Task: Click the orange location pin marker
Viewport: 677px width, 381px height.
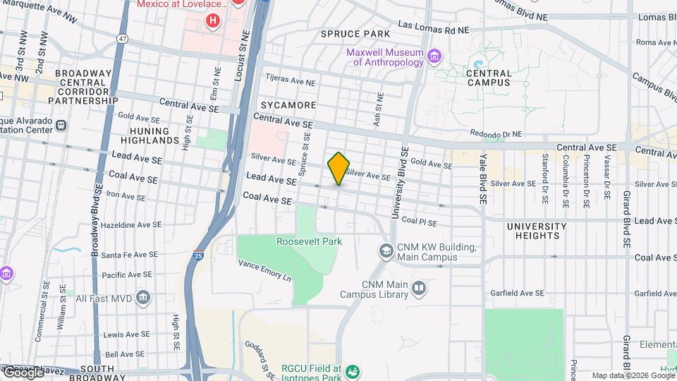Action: [338, 168]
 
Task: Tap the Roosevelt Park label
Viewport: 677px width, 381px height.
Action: [309, 241]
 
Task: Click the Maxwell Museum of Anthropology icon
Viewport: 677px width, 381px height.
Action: [434, 55]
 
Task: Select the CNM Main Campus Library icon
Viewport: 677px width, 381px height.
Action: [419, 288]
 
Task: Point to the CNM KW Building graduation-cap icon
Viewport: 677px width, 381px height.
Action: [386, 250]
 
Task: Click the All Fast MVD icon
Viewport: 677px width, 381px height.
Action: [144, 298]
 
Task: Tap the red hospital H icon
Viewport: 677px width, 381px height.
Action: [212, 21]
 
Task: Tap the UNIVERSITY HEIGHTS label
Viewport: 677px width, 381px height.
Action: [537, 231]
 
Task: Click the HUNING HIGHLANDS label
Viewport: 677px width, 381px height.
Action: [150, 135]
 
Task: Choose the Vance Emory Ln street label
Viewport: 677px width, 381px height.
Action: [264, 270]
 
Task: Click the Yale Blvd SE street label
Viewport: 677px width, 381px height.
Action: [484, 179]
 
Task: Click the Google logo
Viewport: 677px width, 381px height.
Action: [23, 372]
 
